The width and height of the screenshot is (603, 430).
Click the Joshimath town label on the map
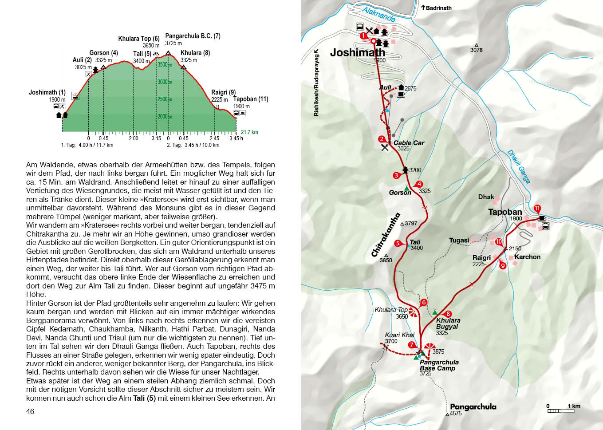pyautogui.click(x=357, y=52)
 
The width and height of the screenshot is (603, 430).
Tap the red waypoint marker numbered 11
pyautogui.click(x=537, y=209)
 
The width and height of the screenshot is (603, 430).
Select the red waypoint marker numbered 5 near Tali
pyautogui.click(x=398, y=243)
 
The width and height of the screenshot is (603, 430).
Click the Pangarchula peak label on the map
pyautogui.click(x=473, y=406)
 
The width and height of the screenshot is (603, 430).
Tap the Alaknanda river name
pyautogui.click(x=378, y=14)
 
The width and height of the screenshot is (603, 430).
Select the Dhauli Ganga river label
pyautogui.click(x=519, y=167)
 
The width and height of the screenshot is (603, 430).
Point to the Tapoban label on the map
pyautogui.click(x=505, y=212)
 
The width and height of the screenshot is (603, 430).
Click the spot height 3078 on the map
pyautogui.click(x=476, y=50)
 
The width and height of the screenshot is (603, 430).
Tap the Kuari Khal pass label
pyautogui.click(x=399, y=335)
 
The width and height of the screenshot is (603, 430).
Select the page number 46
pyautogui.click(x=30, y=411)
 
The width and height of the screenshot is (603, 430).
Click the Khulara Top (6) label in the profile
pyautogui.click(x=138, y=39)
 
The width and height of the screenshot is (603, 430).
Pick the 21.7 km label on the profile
pyautogui.click(x=249, y=132)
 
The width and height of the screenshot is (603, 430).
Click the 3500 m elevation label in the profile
pyautogui.click(x=165, y=65)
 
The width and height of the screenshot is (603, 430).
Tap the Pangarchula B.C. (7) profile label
pyautogui.click(x=193, y=36)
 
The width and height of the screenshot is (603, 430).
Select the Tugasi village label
pyautogui.click(x=459, y=240)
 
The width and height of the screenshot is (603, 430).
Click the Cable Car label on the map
pyautogui.click(x=409, y=143)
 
